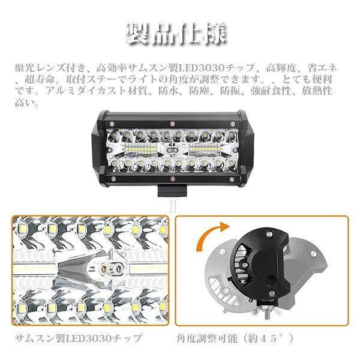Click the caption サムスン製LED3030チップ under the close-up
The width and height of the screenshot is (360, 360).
pos(78,338)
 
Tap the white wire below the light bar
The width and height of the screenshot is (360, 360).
pos(173,206)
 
